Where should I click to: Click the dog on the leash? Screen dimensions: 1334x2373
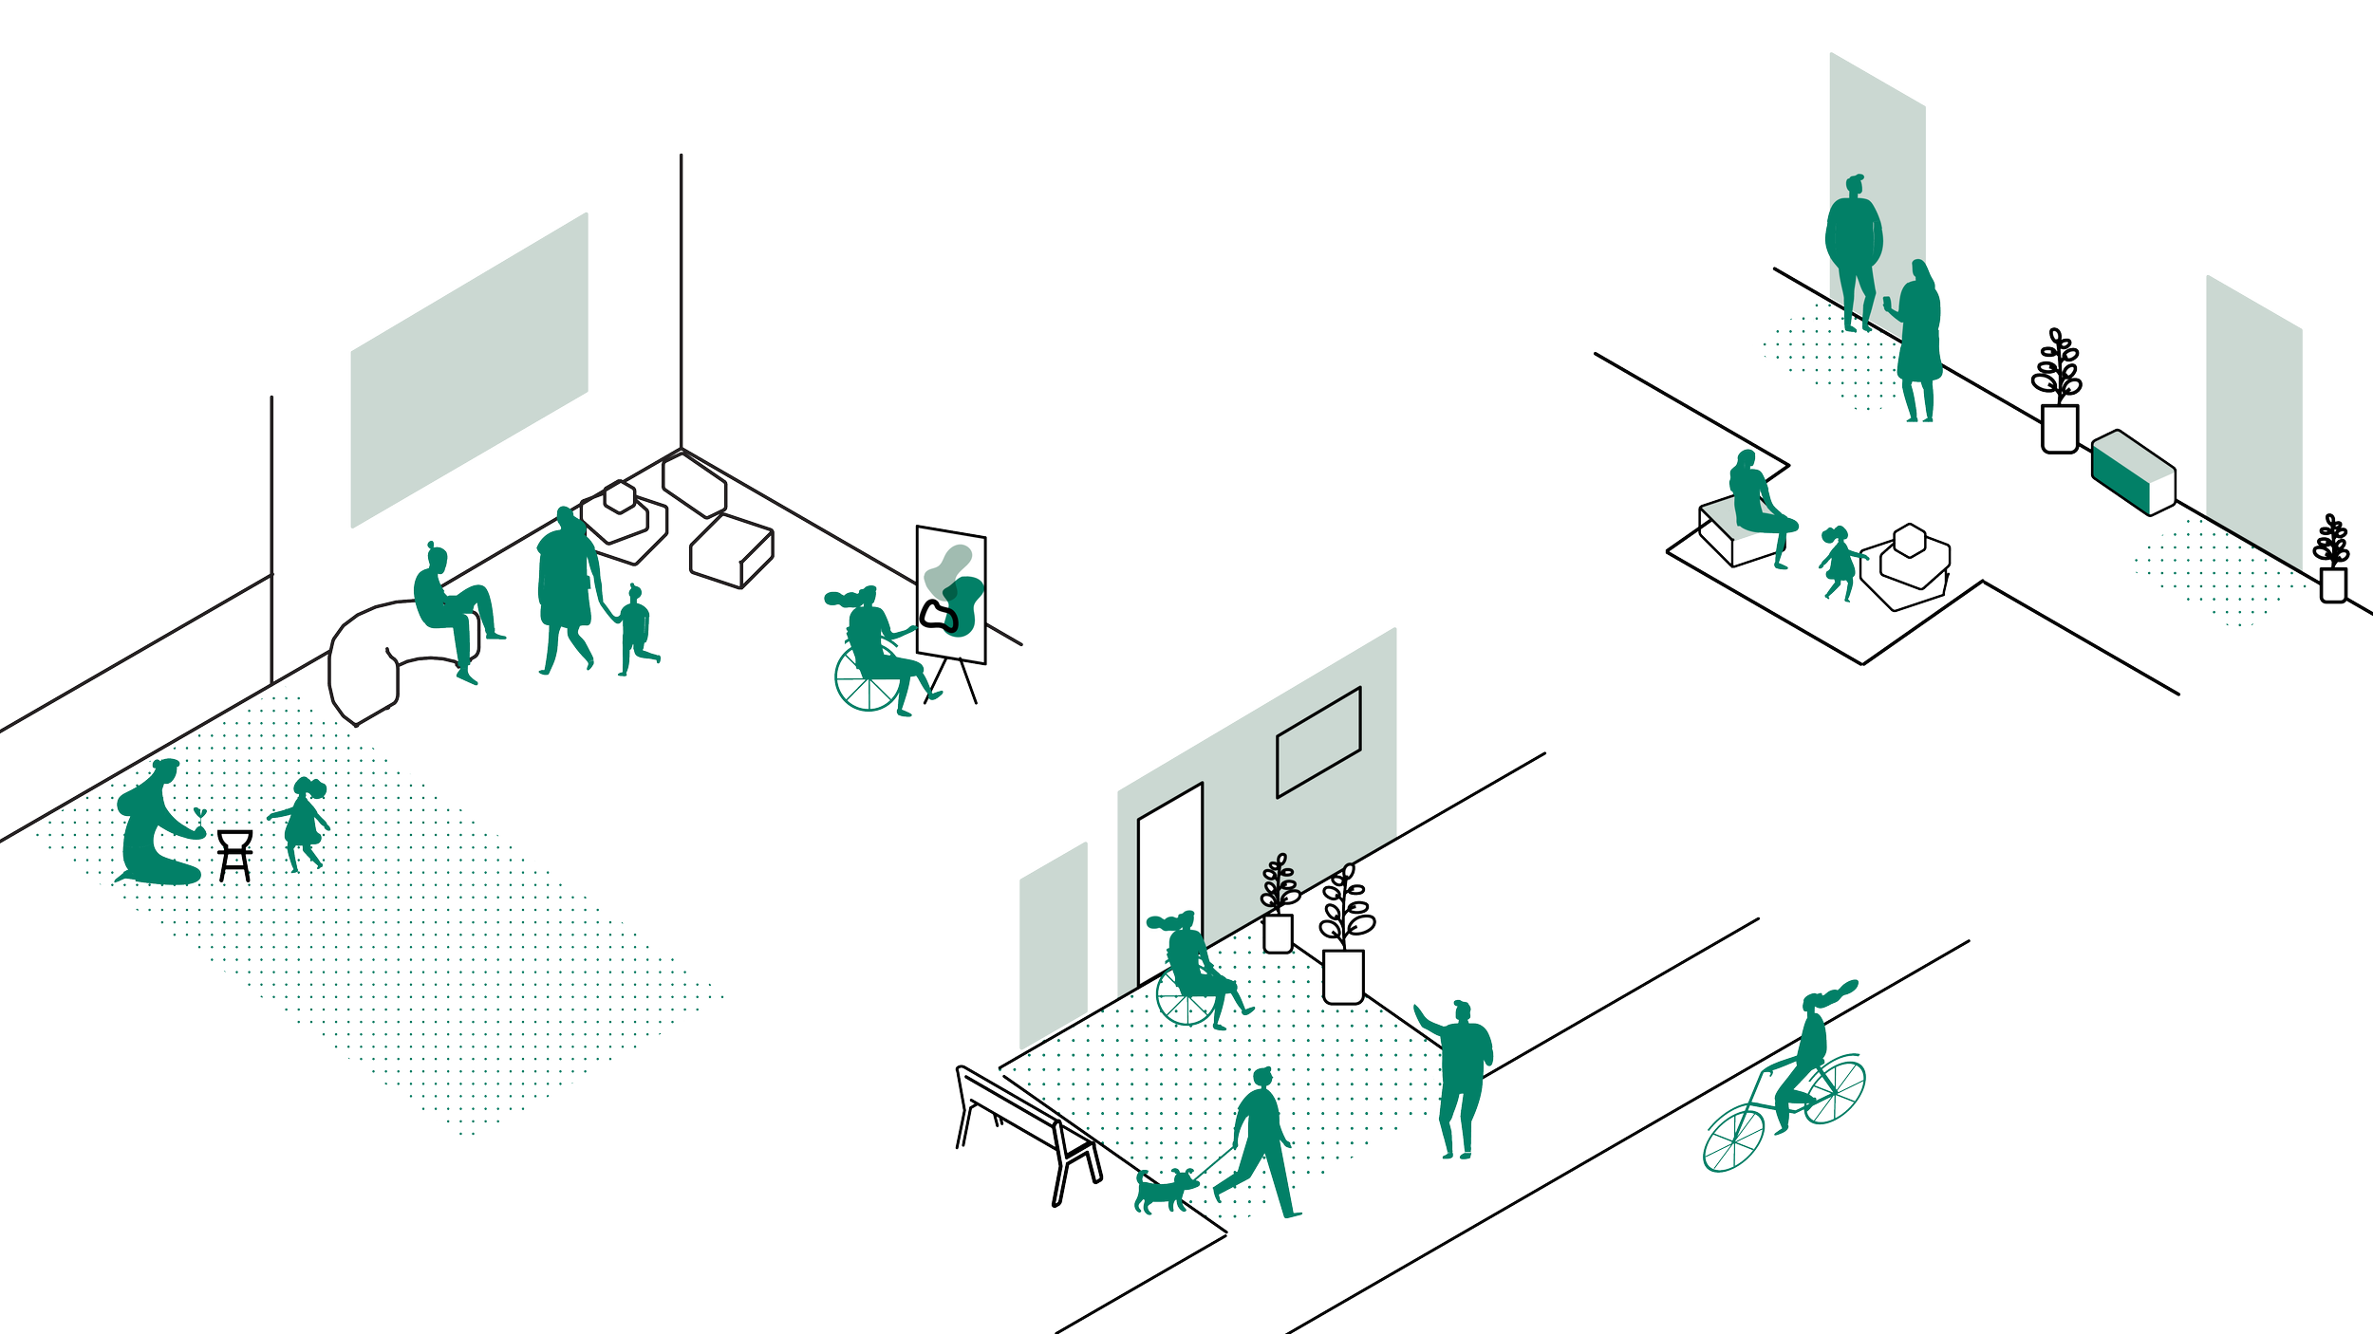pyautogui.click(x=1162, y=1191)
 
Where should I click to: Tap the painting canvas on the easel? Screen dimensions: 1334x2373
pyautogui.click(x=950, y=594)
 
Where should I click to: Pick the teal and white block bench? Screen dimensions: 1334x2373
pyautogui.click(x=2133, y=472)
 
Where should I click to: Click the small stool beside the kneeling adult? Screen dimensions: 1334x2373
pyautogui.click(x=234, y=852)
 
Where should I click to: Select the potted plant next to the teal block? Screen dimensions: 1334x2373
pyautogui.click(x=2058, y=394)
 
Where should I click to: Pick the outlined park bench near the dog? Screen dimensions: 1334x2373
pyautogui.click(x=1025, y=1129)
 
